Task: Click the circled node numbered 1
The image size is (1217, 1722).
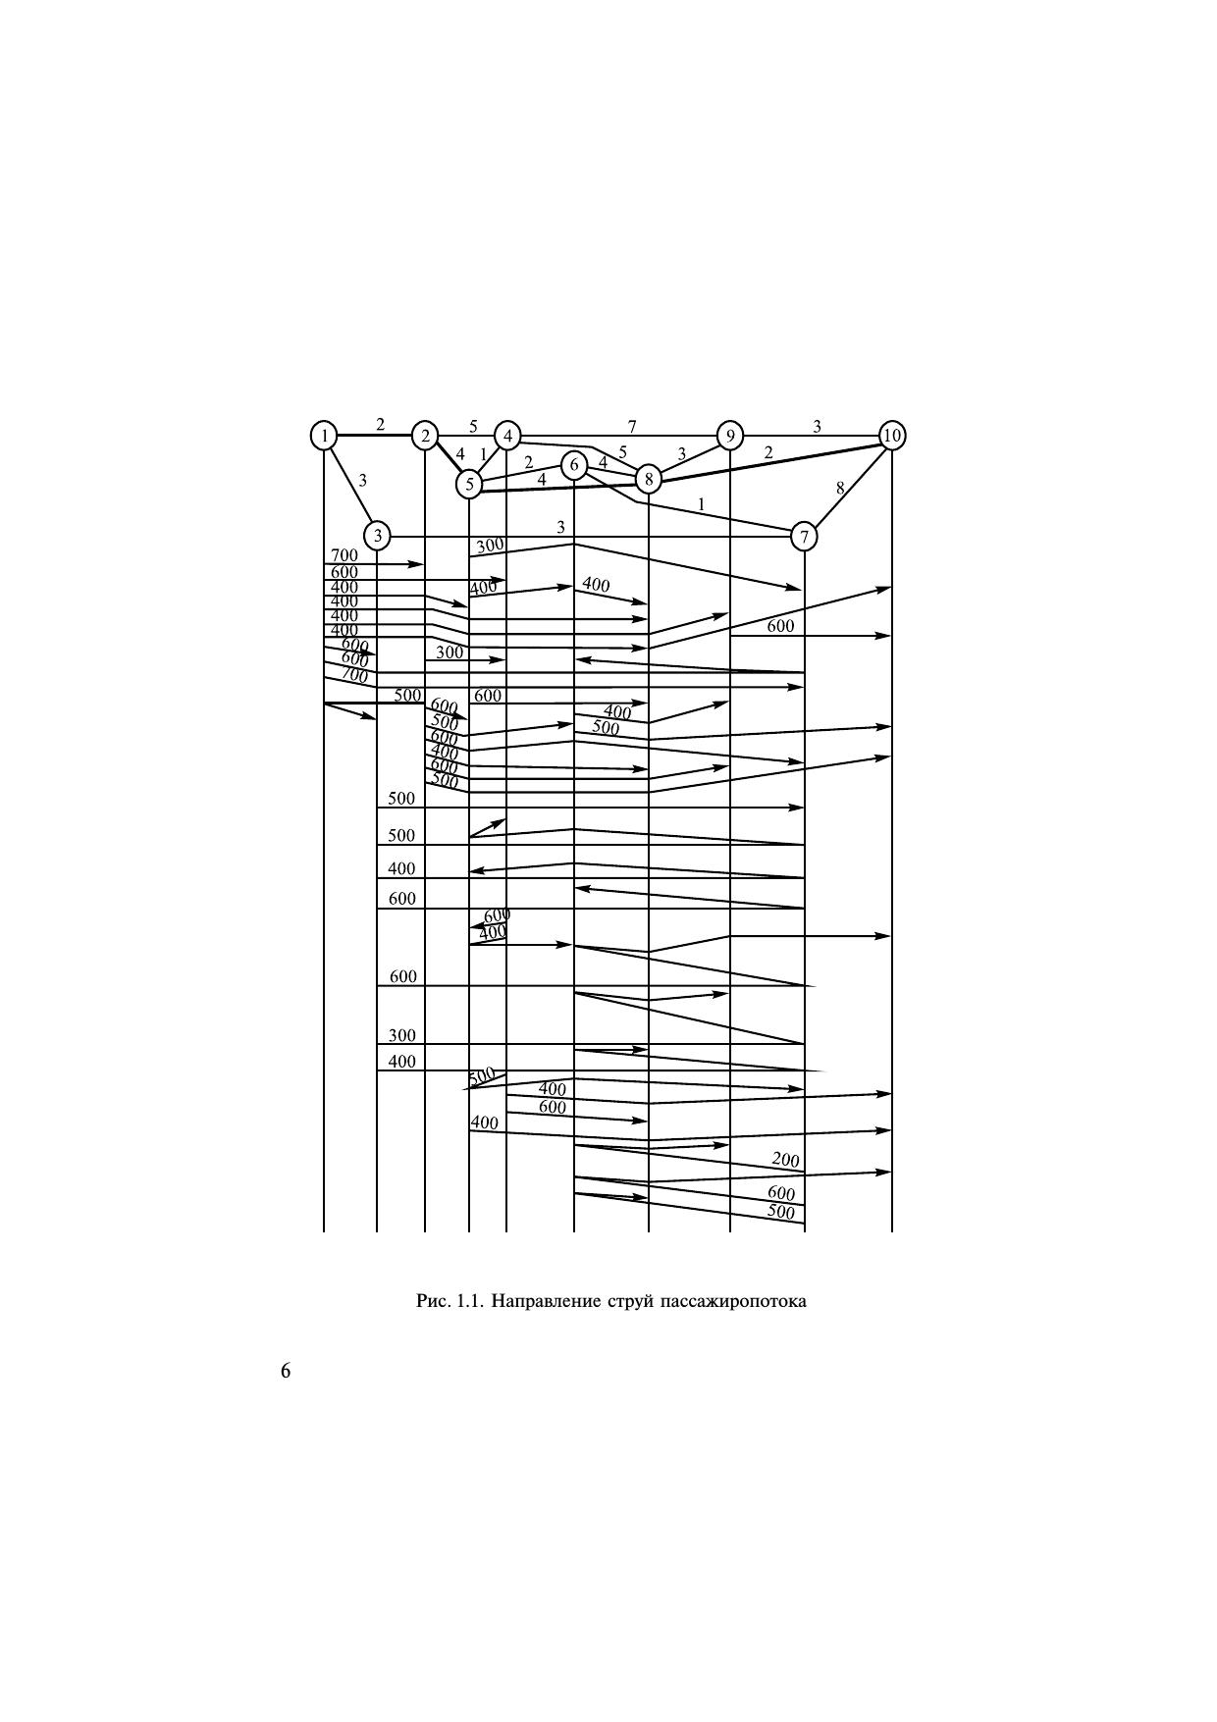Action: pyautogui.click(x=324, y=435)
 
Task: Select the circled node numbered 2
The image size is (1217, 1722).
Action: pyautogui.click(x=425, y=435)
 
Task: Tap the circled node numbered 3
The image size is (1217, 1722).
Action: pyautogui.click(x=377, y=536)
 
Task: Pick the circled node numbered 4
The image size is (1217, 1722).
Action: pyautogui.click(x=507, y=435)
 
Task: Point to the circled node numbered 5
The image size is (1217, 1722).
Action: pyautogui.click(x=469, y=484)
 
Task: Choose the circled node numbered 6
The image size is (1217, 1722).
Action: pyautogui.click(x=574, y=465)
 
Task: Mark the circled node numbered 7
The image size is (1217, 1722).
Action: pyautogui.click(x=804, y=537)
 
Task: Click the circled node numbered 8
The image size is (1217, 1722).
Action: pyautogui.click(x=649, y=479)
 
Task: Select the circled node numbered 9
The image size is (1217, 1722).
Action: pyautogui.click(x=729, y=435)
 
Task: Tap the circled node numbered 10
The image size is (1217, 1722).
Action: pyautogui.click(x=891, y=435)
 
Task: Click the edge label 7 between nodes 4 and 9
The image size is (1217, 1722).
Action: pyautogui.click(x=632, y=426)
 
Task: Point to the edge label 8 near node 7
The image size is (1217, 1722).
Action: pyautogui.click(x=840, y=488)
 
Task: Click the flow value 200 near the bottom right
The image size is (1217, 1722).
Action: pyautogui.click(x=785, y=1160)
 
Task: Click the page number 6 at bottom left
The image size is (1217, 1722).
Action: pyautogui.click(x=286, y=1371)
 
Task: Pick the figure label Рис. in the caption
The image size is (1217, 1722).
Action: pyautogui.click(x=433, y=1302)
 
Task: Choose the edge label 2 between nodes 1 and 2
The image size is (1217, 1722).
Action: pyautogui.click(x=381, y=424)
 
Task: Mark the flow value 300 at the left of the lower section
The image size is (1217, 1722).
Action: pyautogui.click(x=402, y=1035)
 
